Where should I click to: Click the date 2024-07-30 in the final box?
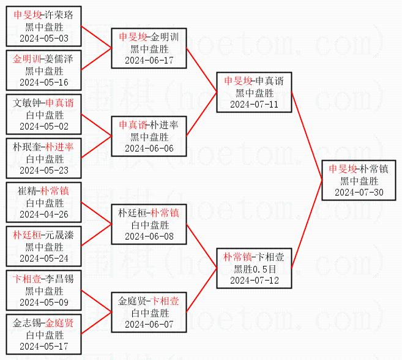(x=359, y=192)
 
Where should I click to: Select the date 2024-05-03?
(x=44, y=38)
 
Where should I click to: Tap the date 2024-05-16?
(x=44, y=82)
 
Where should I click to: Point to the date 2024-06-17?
(x=149, y=60)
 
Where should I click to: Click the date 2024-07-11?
(x=254, y=104)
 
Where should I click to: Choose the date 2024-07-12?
(x=254, y=280)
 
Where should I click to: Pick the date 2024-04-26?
(x=44, y=214)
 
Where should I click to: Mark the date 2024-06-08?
(x=149, y=236)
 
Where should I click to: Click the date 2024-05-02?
(x=44, y=126)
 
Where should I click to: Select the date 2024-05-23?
(x=44, y=170)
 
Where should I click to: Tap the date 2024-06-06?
(x=149, y=148)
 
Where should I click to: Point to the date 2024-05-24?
(x=44, y=258)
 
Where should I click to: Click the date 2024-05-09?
(x=44, y=302)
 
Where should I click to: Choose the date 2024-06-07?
(x=149, y=324)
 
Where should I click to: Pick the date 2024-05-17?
(x=44, y=346)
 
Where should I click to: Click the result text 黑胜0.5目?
(x=254, y=268)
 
